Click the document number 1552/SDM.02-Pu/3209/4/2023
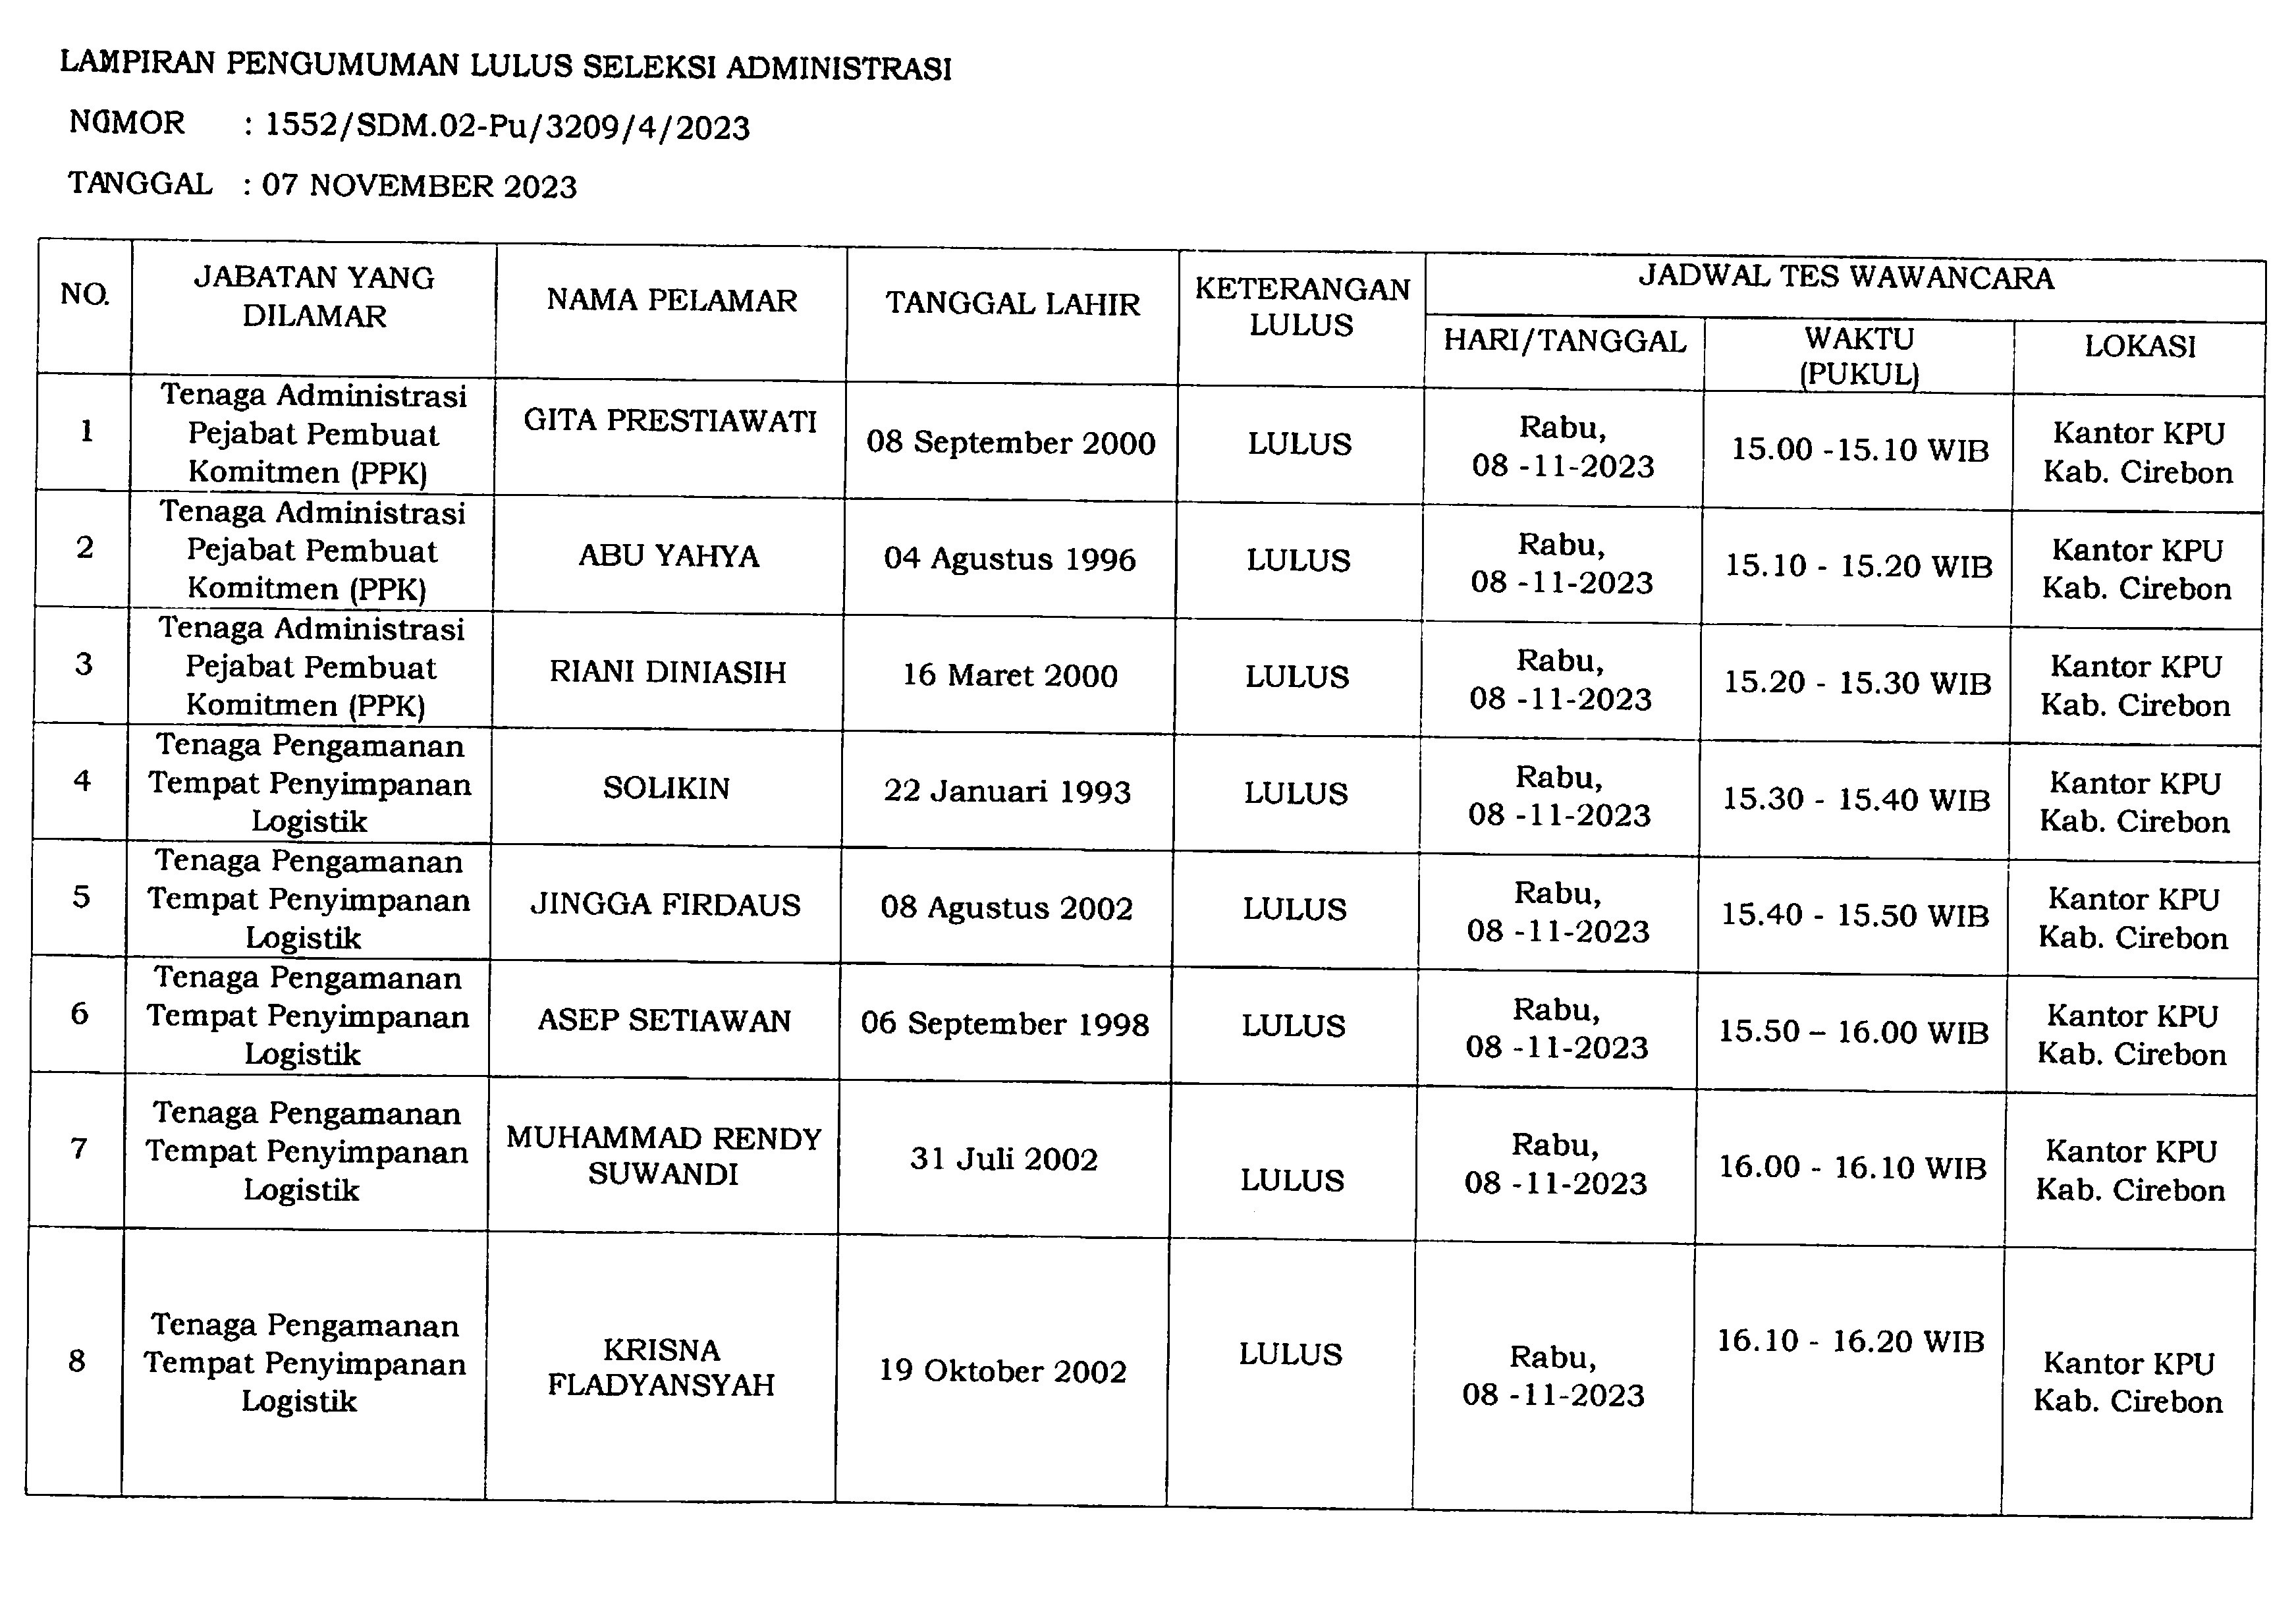(507, 127)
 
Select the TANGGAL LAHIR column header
(1012, 304)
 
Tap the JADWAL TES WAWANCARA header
(1845, 277)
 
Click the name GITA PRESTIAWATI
(670, 420)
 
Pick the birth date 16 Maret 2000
(1010, 675)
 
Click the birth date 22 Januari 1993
(1007, 791)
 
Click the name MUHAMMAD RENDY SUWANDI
(663, 1156)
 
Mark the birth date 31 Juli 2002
(1004, 1159)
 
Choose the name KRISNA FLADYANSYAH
(661, 1367)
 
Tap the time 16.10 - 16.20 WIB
(1850, 1341)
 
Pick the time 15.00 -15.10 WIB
(1859, 449)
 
